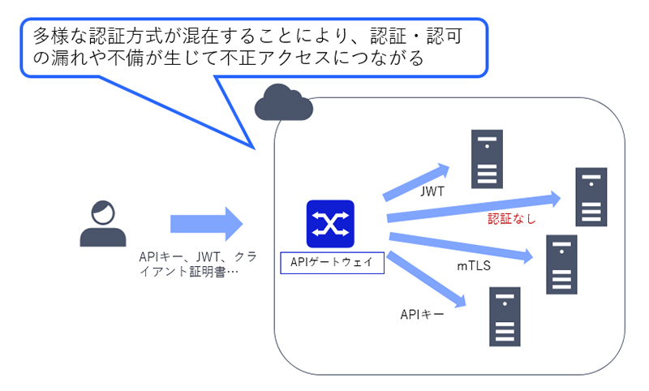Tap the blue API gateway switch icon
pyautogui.click(x=330, y=223)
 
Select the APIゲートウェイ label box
pyautogui.click(x=330, y=261)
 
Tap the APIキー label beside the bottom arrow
pyautogui.click(x=422, y=314)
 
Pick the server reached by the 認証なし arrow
pyautogui.click(x=591, y=197)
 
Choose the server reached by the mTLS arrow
pyautogui.click(x=561, y=264)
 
